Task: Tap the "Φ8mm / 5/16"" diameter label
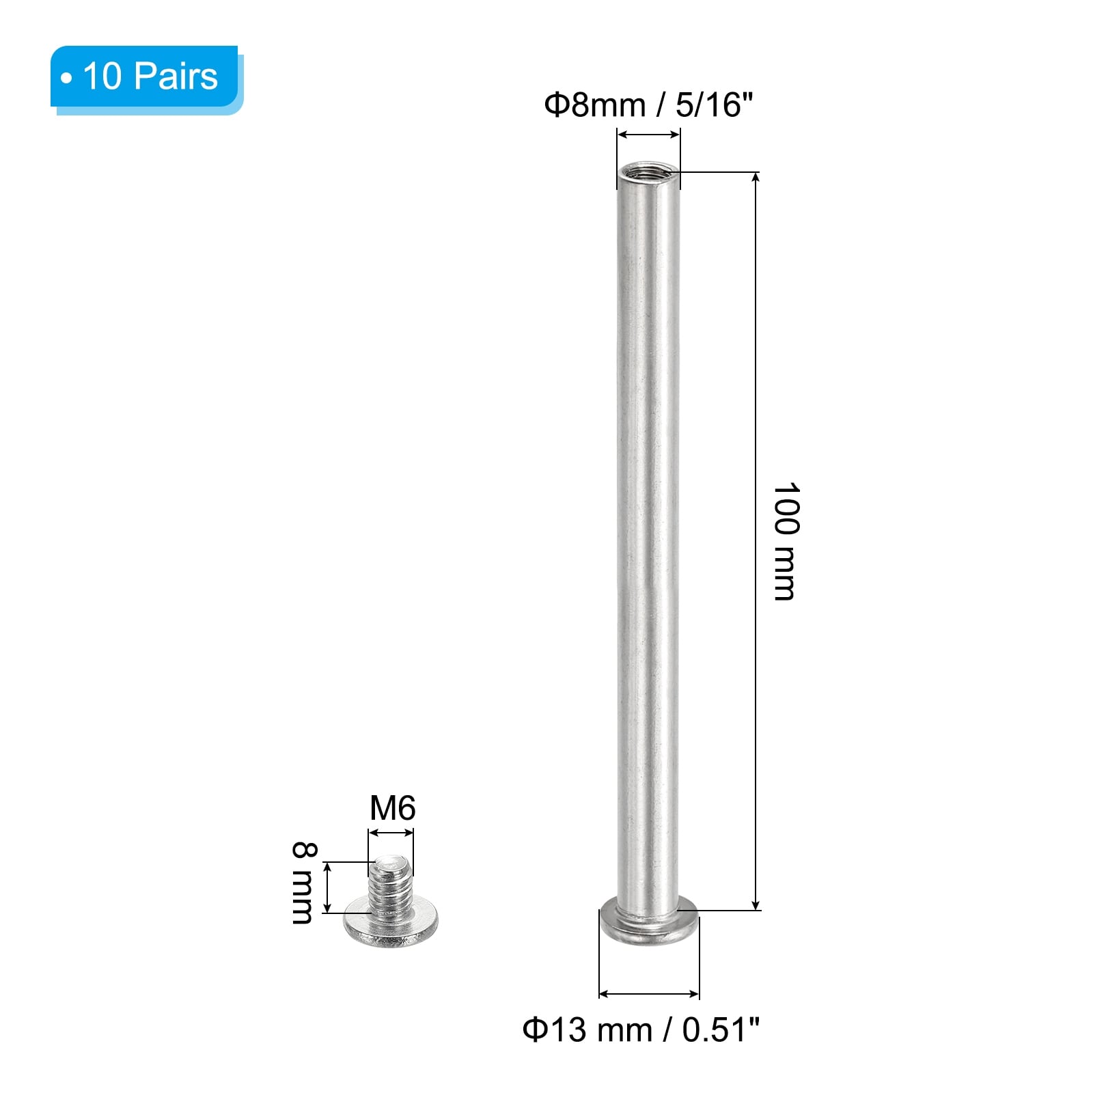click(x=648, y=105)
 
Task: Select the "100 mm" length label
click(x=786, y=541)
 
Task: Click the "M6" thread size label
click(x=392, y=808)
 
